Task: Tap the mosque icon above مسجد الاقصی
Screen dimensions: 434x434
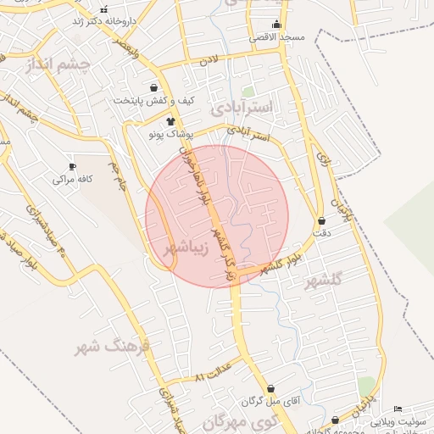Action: coord(275,24)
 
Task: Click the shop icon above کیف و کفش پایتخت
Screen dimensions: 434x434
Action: coord(153,87)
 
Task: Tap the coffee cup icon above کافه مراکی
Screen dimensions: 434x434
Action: coord(72,165)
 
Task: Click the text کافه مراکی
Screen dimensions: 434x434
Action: coord(72,180)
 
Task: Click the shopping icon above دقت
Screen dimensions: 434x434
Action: coord(322,220)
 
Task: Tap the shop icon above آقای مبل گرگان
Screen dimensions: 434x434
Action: coord(270,389)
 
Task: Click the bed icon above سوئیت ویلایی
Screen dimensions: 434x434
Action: coord(398,409)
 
